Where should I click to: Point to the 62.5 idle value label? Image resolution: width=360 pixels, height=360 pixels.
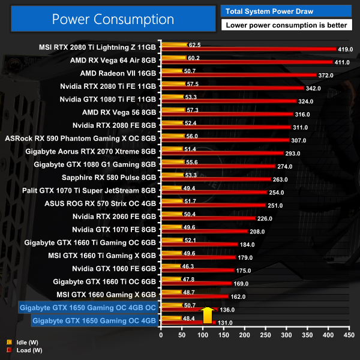(x=194, y=44)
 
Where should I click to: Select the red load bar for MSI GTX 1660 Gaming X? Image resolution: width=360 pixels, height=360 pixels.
(x=194, y=296)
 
